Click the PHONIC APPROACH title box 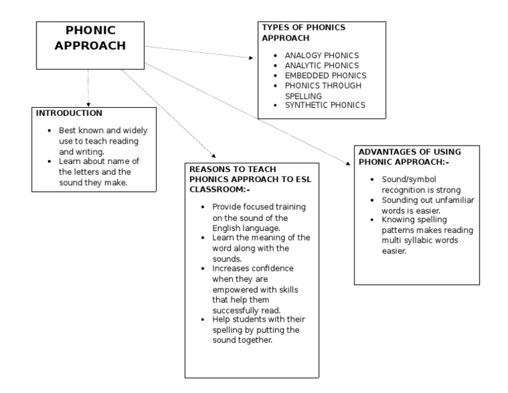[90, 46]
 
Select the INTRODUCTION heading [69, 114]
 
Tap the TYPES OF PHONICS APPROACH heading [304, 33]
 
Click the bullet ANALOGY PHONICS [321, 56]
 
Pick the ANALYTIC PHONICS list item [321, 65]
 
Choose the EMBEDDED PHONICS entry [325, 75]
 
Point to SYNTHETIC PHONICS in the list [325, 105]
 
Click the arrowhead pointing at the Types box [251, 58]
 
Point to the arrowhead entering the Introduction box [87, 100]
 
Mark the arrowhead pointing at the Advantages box [349, 160]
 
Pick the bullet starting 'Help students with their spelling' [255, 329]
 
